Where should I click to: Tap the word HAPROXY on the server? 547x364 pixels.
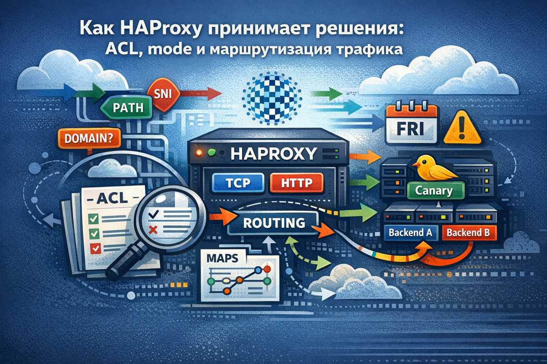coord(273,153)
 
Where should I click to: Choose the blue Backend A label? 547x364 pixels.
coord(410,233)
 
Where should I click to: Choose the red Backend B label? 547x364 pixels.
coord(468,233)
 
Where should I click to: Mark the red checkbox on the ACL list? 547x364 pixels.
coord(95,248)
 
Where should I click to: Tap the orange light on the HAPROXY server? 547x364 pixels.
coord(198,152)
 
